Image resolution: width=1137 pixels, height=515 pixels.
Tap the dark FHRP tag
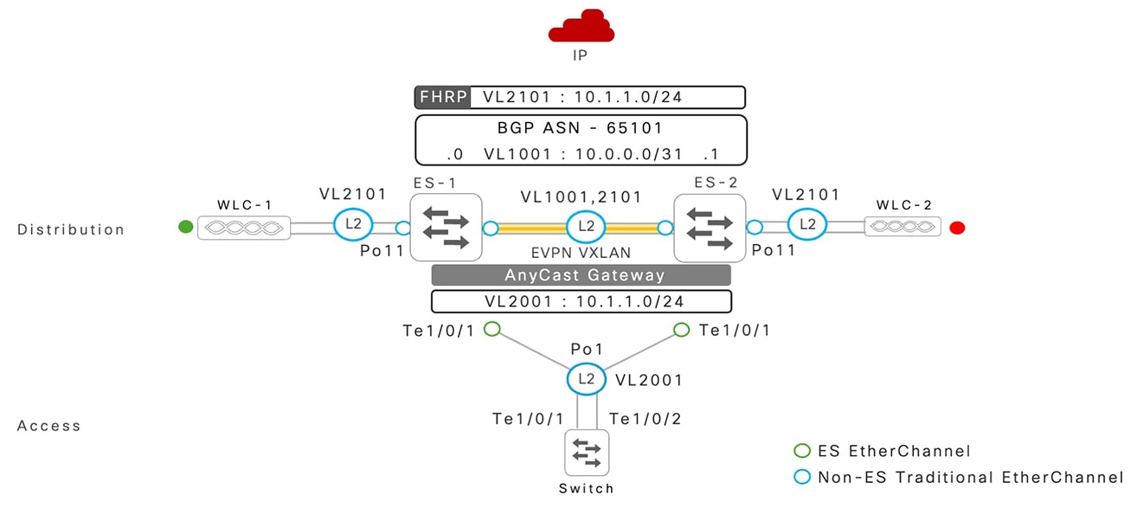[443, 97]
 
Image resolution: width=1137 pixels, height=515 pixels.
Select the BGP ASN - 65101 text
[580, 128]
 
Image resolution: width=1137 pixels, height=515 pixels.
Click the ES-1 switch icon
[446, 228]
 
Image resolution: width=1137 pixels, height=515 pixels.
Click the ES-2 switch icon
[710, 228]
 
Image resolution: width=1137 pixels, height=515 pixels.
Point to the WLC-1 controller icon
[243, 229]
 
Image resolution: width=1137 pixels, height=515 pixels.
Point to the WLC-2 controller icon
[902, 228]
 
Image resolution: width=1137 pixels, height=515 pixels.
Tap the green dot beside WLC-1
[184, 228]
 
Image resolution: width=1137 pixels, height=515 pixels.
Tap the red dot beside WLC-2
[956, 229]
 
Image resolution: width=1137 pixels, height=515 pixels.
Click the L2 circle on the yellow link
[585, 228]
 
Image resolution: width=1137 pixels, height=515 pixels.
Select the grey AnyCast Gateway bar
[581, 275]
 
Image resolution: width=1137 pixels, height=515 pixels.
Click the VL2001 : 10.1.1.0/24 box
[581, 301]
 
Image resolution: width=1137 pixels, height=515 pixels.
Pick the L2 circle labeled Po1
[585, 379]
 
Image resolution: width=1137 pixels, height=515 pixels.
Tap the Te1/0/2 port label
[645, 419]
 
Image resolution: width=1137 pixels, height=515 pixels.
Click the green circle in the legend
[802, 451]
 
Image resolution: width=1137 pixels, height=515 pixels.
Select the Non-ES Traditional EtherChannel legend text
[970, 477]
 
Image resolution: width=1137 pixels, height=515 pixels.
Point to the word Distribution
[71, 229]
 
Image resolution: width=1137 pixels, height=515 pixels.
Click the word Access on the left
[48, 426]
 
